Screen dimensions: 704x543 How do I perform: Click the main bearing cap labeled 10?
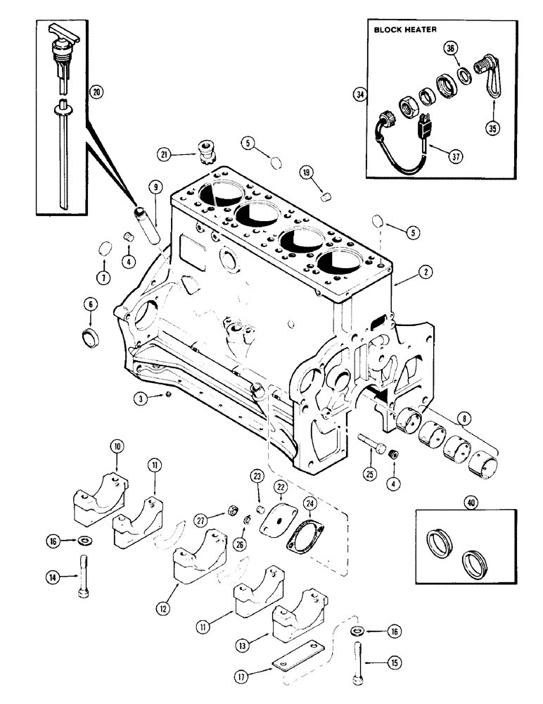click(100, 498)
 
